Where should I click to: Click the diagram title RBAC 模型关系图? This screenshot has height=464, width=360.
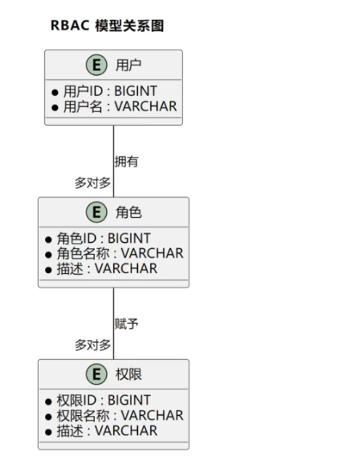point(107,26)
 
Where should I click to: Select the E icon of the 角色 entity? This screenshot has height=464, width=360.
point(96,212)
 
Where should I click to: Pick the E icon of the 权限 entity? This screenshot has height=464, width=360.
point(96,374)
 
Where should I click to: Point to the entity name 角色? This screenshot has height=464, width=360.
point(129,212)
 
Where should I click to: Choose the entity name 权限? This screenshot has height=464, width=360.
point(129,374)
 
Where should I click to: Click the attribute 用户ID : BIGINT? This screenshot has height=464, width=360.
point(110,91)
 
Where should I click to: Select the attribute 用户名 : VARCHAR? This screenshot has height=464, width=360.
point(120,106)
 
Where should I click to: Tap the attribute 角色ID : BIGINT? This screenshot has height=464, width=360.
point(104,238)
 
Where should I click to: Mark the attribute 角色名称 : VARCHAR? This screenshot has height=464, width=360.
point(120,253)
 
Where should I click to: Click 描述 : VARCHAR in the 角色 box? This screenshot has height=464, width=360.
point(107,268)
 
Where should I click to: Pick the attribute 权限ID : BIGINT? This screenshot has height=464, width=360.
point(104,400)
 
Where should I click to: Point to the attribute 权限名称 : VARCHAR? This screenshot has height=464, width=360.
point(120,415)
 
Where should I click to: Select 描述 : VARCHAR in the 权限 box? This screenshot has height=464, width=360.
point(107,430)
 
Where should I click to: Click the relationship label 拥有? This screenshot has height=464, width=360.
point(127,161)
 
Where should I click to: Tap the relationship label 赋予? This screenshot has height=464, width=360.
point(127,323)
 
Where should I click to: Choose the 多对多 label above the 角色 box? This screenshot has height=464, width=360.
point(92,183)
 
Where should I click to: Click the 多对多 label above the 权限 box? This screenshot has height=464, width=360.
point(92,345)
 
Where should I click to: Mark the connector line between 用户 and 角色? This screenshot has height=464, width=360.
point(113,144)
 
